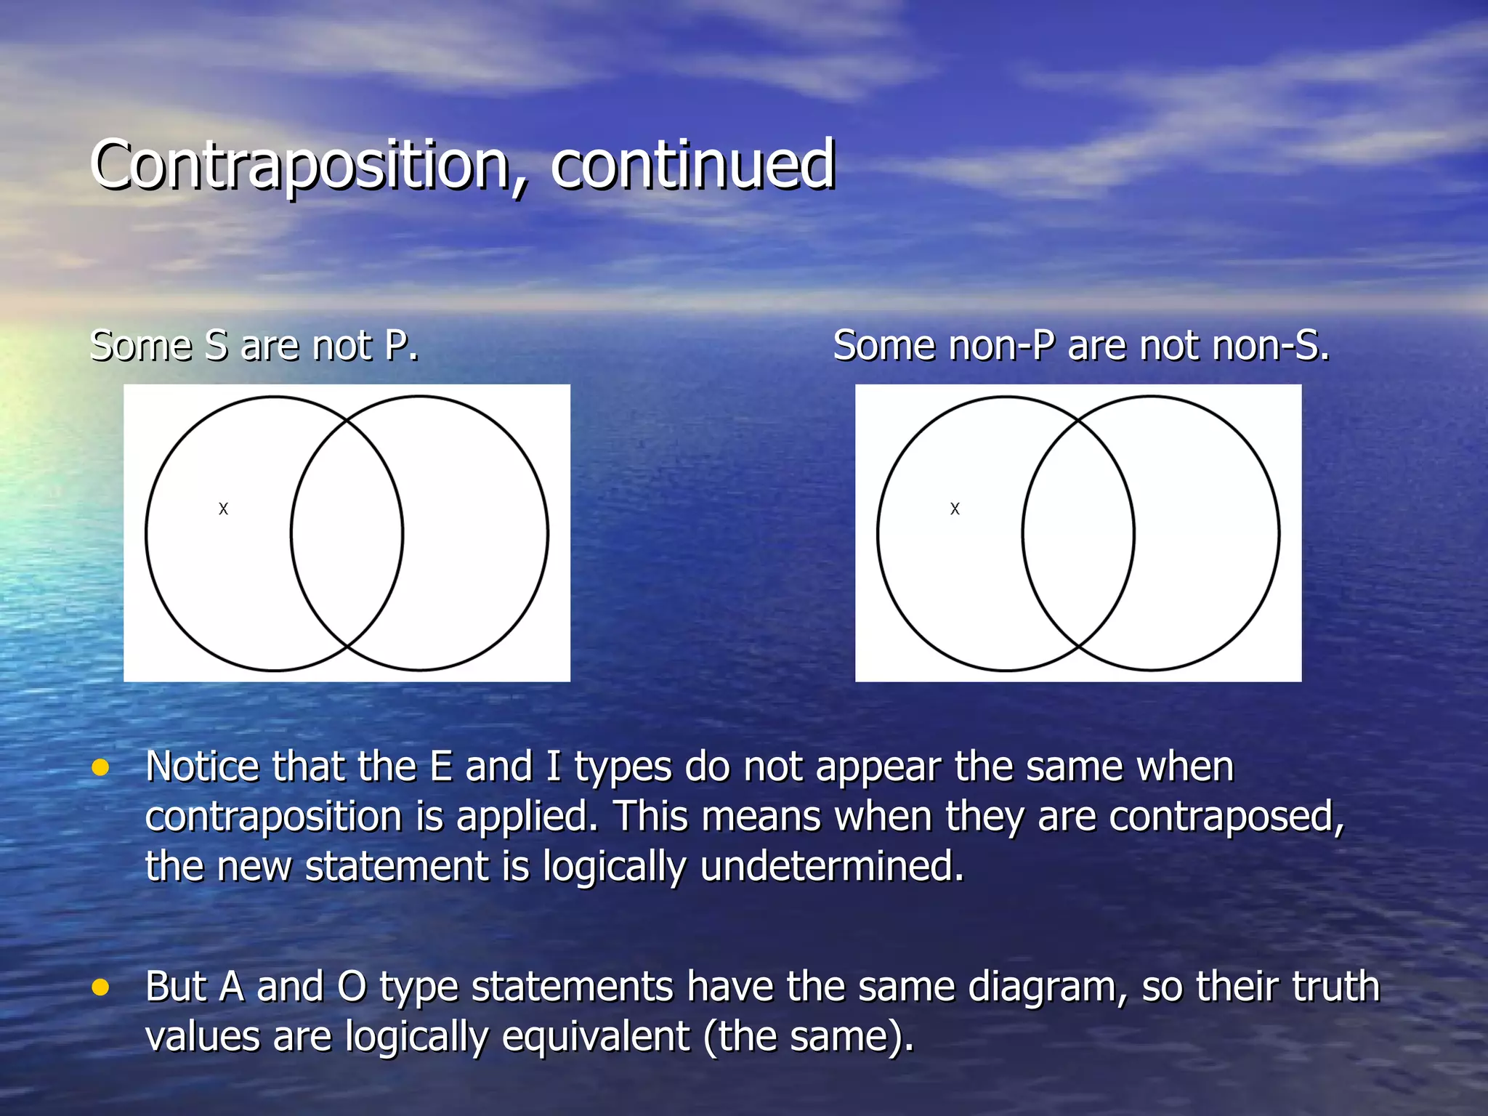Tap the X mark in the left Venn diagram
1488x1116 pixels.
coord(223,509)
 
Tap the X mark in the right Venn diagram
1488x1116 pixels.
coord(955,509)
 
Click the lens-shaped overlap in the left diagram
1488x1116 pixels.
coord(347,533)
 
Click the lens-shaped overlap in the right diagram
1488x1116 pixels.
coord(1078,533)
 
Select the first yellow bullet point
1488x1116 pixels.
coord(100,768)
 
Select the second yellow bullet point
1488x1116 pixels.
coord(100,987)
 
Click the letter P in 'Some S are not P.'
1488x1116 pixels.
coord(398,346)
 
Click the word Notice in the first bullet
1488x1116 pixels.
coord(202,767)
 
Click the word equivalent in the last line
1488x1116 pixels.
coord(595,1037)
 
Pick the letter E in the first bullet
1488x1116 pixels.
coord(441,767)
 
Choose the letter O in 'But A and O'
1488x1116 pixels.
coord(352,987)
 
